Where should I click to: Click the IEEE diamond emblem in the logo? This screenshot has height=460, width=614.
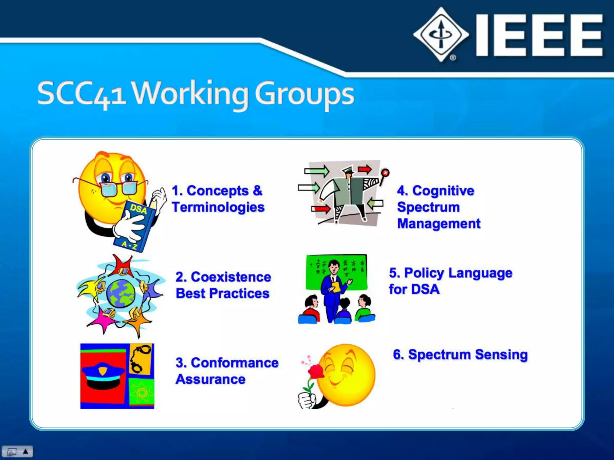coord(441,34)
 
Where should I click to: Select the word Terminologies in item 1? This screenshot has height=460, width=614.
coord(218,207)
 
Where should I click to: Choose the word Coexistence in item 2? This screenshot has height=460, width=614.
coord(231,277)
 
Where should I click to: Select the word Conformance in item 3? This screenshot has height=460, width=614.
coord(235,363)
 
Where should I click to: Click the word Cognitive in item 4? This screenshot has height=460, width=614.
coord(443,191)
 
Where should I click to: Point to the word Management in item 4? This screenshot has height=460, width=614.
coord(439,224)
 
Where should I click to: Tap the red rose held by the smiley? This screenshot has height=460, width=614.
coord(316,371)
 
